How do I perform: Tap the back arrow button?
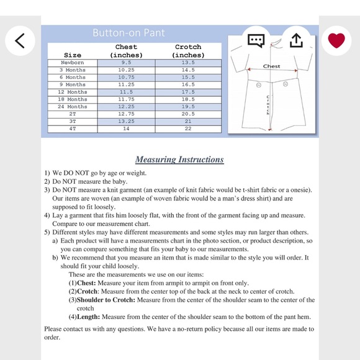[20, 40]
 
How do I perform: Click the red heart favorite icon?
[336, 40]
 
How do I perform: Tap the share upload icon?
[296, 40]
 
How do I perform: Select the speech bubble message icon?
[256, 41]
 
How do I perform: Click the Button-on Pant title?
[129, 33]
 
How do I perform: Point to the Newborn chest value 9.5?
[126, 63]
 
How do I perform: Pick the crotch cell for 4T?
[188, 129]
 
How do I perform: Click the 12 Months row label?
[73, 92]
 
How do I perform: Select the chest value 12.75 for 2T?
[126, 114]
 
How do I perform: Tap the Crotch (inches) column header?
[188, 51]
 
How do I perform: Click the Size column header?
[73, 55]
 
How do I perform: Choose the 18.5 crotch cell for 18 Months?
[188, 99]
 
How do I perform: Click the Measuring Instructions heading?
[179, 160]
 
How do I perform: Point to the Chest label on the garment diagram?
[271, 66]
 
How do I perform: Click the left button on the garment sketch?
[259, 85]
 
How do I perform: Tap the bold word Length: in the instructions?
[88, 317]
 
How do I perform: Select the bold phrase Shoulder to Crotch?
[106, 300]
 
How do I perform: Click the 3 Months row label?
[73, 70]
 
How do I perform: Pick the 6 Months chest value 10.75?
[126, 78]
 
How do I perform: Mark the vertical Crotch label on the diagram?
[268, 105]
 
